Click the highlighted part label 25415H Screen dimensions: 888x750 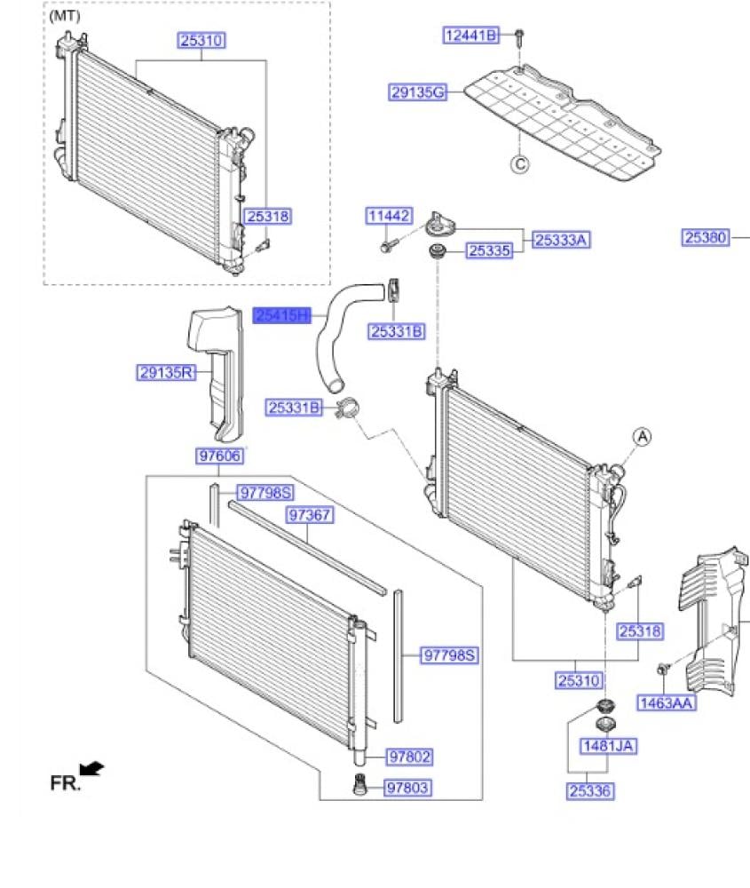click(282, 315)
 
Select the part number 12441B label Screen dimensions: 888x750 click(472, 36)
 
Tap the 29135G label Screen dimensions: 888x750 click(417, 91)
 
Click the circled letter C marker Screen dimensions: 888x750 click(519, 163)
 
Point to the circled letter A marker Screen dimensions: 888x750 click(642, 436)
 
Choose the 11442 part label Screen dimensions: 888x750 click(389, 216)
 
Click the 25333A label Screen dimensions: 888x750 click(562, 240)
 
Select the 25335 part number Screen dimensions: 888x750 click(490, 251)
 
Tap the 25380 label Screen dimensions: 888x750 click(706, 237)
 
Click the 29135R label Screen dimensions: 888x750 click(166, 373)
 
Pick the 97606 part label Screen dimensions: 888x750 click(219, 456)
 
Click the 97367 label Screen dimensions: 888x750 click(309, 516)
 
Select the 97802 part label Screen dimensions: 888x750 click(409, 757)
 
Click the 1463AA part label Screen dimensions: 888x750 click(667, 704)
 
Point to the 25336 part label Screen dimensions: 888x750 click(590, 790)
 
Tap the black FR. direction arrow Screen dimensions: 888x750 click(91, 768)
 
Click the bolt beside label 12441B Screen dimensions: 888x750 click(519, 36)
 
